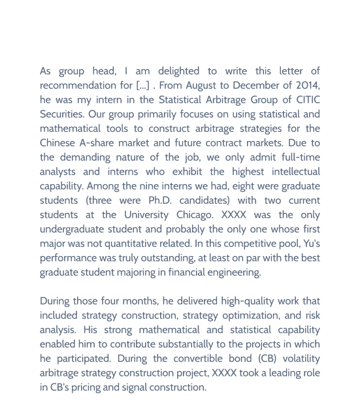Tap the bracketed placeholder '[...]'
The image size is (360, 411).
143,85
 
